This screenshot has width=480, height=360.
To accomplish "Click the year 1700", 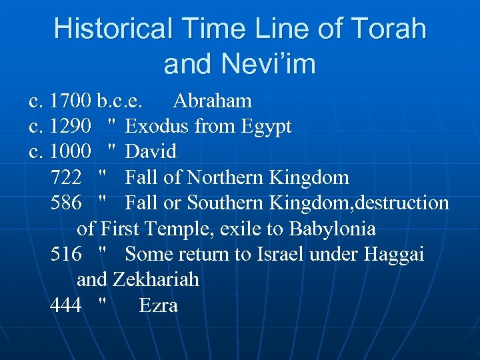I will point(71,101).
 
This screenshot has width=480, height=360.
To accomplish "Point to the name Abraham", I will point(212,101).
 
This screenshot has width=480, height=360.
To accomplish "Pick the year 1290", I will point(71,127).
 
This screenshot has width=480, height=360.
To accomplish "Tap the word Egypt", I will point(264,127).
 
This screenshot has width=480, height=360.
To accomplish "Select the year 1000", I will point(71,152).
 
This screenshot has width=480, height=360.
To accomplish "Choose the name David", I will point(151,152).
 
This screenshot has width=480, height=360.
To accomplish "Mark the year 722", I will point(66,177).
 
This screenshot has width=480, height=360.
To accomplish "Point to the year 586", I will point(66,203).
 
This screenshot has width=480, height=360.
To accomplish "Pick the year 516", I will point(66,254).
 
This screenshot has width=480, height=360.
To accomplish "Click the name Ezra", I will point(158,305).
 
